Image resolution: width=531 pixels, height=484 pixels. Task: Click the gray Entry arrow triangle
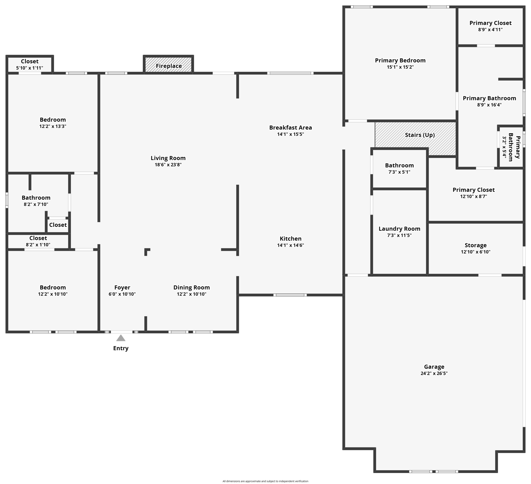pyautogui.click(x=121, y=338)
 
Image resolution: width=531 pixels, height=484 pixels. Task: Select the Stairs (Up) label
pyautogui.click(x=420, y=135)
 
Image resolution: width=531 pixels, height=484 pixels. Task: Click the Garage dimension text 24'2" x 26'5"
pyautogui.click(x=434, y=373)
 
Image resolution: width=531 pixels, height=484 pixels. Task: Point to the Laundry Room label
pyautogui.click(x=399, y=229)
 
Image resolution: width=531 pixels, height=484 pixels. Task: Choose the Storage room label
pyautogui.click(x=476, y=245)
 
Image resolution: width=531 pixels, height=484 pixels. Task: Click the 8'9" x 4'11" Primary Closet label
pyautogui.click(x=490, y=23)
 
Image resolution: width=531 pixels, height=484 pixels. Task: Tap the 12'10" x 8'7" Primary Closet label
pyautogui.click(x=473, y=190)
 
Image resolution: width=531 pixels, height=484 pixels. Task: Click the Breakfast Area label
pyautogui.click(x=290, y=128)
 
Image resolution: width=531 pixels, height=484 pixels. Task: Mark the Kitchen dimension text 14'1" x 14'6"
pyautogui.click(x=290, y=245)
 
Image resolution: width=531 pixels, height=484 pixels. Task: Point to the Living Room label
pyautogui.click(x=168, y=158)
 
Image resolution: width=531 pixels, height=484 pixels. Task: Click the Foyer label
pyautogui.click(x=122, y=287)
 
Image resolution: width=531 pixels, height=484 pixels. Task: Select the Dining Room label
pyautogui.click(x=191, y=287)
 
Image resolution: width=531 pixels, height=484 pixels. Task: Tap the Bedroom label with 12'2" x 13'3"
pyautogui.click(x=53, y=120)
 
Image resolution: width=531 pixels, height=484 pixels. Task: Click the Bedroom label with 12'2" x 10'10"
pyautogui.click(x=53, y=287)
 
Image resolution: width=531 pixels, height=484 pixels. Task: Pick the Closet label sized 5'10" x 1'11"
pyautogui.click(x=30, y=61)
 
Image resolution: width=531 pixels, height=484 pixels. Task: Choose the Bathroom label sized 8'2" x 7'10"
pyautogui.click(x=36, y=198)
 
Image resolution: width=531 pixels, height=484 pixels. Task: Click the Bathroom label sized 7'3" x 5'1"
pyautogui.click(x=399, y=165)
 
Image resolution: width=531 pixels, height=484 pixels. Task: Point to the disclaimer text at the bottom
pyautogui.click(x=265, y=481)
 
